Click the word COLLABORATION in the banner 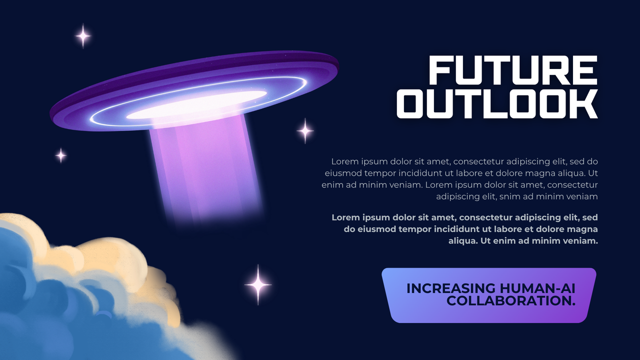(508, 301)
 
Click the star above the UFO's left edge (83, 36)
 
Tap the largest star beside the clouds (258, 284)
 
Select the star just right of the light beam (305, 131)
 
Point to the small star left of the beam (61, 155)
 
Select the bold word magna (579, 229)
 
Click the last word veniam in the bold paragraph (580, 240)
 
